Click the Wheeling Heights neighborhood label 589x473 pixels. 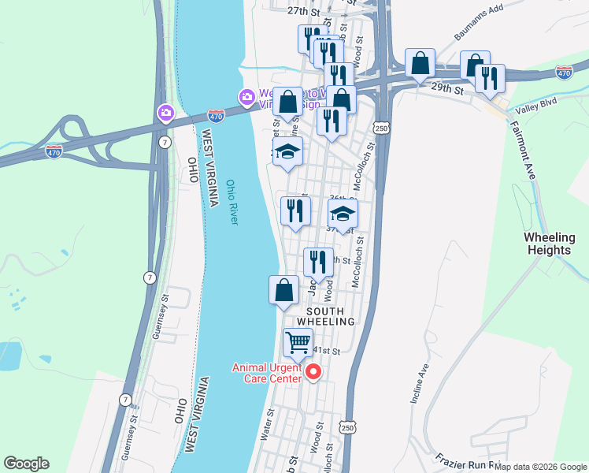[x=549, y=244]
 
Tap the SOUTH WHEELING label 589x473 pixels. [x=326, y=316]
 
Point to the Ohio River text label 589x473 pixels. [x=232, y=203]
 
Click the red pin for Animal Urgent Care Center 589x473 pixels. [x=313, y=371]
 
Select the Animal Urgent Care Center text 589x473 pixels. [x=266, y=373]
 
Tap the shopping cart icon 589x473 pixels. [x=298, y=342]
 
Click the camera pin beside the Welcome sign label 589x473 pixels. [x=247, y=97]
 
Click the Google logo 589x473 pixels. [x=26, y=464]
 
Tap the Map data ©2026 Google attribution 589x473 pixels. [x=541, y=467]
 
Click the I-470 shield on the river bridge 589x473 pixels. [x=217, y=115]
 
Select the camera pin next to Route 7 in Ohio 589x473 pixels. [x=165, y=114]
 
